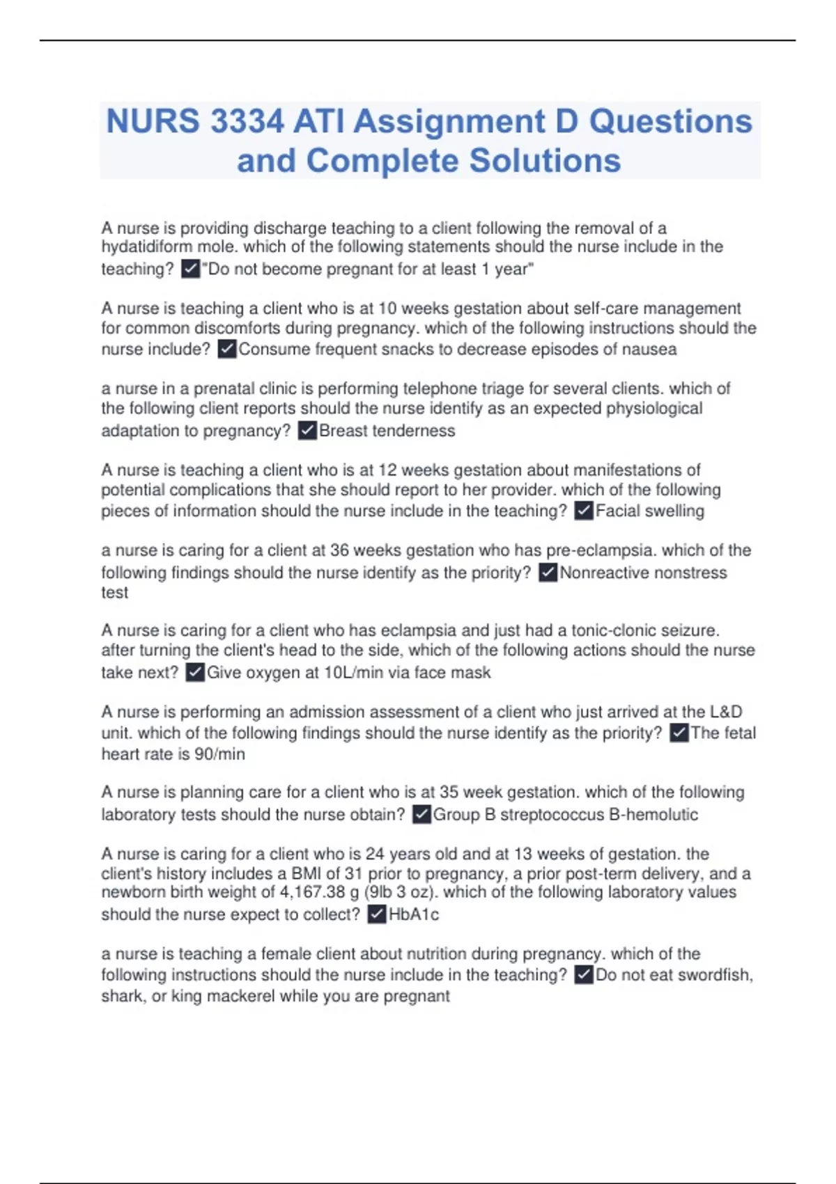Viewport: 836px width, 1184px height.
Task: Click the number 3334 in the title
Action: pos(247,122)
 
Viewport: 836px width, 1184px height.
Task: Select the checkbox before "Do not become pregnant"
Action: pos(190,269)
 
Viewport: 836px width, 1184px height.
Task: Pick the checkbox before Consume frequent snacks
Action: pos(227,349)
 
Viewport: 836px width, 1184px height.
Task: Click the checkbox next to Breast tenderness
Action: pos(307,430)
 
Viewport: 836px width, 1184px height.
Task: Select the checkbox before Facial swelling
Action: pos(584,511)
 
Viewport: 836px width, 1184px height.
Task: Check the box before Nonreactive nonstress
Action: pos(548,572)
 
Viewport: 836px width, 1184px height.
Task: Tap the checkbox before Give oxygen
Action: pos(195,673)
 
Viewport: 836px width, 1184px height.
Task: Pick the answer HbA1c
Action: pos(414,914)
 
